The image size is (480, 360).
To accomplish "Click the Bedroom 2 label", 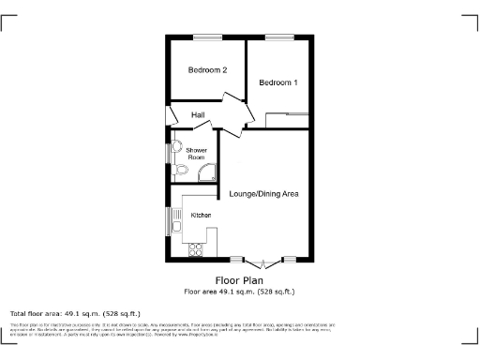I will (207, 70).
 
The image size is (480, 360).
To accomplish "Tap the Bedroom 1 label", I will (278, 82).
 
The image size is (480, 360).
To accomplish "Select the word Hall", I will (198, 114).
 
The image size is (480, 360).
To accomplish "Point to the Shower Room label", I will (195, 154).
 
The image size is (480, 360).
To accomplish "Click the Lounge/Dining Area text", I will (263, 194).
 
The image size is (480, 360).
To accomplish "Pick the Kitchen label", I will (201, 216).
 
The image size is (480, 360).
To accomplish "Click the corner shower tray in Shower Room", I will (209, 172).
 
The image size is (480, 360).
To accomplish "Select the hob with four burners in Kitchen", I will (198, 248).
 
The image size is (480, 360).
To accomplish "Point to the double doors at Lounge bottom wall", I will (265, 260).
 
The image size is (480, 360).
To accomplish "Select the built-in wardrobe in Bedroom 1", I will (288, 117).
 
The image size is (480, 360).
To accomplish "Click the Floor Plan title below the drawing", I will (239, 280).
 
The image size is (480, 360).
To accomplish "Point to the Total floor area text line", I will (75, 313).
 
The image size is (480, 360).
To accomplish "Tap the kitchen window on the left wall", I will (169, 222).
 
